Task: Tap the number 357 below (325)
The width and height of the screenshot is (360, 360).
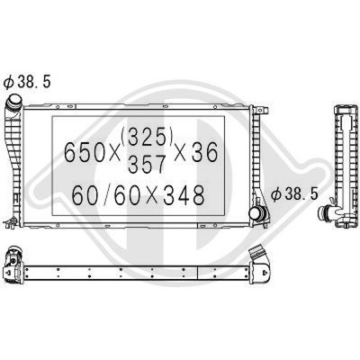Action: click(x=147, y=164)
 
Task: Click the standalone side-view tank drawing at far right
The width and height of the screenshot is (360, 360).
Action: click(x=345, y=162)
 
